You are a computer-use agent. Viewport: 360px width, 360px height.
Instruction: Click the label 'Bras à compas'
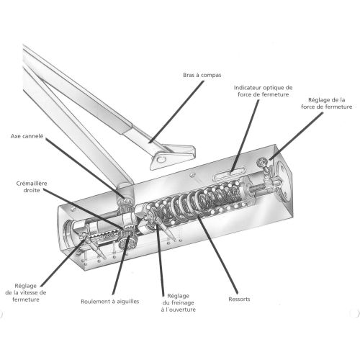click(x=202, y=75)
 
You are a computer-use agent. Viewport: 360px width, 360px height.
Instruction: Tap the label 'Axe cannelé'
click(x=27, y=136)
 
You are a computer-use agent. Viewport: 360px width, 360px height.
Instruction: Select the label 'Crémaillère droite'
click(x=32, y=186)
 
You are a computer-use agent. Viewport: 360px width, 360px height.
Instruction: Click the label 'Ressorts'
click(x=239, y=300)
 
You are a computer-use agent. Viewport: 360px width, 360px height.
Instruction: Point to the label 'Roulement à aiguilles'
click(x=110, y=302)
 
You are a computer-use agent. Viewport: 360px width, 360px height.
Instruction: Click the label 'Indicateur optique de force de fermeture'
click(x=264, y=91)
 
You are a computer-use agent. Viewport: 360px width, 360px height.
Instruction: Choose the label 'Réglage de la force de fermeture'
click(x=327, y=103)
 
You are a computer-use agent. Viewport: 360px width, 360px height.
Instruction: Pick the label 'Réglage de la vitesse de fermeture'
click(x=26, y=292)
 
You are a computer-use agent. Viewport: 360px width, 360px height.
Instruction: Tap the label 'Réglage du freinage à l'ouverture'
click(x=179, y=302)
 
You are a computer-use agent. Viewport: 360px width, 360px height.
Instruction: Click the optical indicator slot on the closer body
click(x=229, y=174)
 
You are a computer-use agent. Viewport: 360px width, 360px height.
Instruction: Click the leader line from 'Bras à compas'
click(x=176, y=112)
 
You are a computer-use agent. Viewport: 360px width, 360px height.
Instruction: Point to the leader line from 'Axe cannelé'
click(x=85, y=168)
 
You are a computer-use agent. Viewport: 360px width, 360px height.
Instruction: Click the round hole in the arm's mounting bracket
click(x=161, y=159)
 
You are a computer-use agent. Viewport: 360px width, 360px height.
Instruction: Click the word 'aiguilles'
click(x=128, y=302)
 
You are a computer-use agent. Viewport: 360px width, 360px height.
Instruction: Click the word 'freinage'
click(x=181, y=303)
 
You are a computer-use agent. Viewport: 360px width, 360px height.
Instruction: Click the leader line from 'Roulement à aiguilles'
click(x=121, y=265)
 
